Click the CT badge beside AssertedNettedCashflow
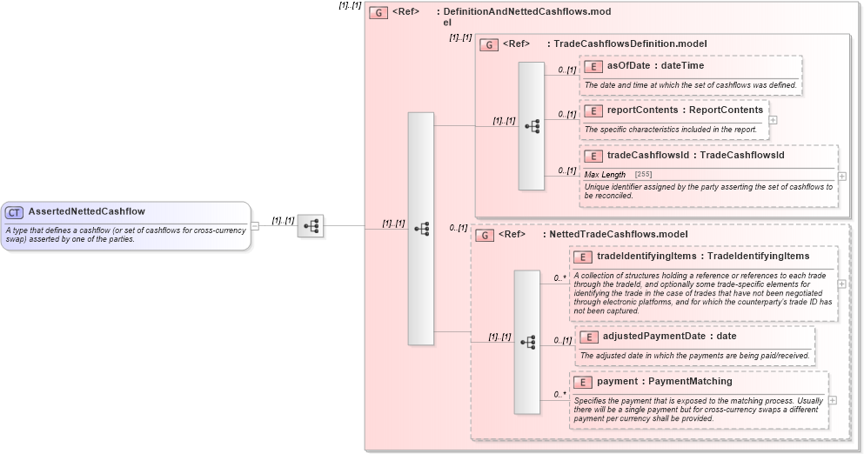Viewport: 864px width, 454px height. [x=15, y=212]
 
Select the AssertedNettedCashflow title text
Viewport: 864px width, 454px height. [x=86, y=211]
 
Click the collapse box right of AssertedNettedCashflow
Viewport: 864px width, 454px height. [x=255, y=226]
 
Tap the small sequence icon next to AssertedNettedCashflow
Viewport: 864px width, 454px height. [x=311, y=226]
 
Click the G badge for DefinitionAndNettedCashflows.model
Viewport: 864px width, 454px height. [x=378, y=12]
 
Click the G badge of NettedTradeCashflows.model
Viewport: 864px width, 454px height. [x=484, y=235]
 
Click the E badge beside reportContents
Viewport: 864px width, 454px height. [x=593, y=110]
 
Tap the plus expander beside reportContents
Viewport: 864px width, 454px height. [x=773, y=120]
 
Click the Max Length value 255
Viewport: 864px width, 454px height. [x=643, y=175]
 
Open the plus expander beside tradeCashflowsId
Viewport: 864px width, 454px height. [x=841, y=176]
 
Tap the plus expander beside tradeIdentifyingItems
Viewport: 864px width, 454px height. [x=841, y=284]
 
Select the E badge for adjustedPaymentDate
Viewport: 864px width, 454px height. [x=588, y=337]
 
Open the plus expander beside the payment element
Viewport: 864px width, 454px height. [x=833, y=400]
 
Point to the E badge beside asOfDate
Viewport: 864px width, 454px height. [x=593, y=65]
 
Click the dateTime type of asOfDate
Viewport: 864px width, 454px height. [x=683, y=65]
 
